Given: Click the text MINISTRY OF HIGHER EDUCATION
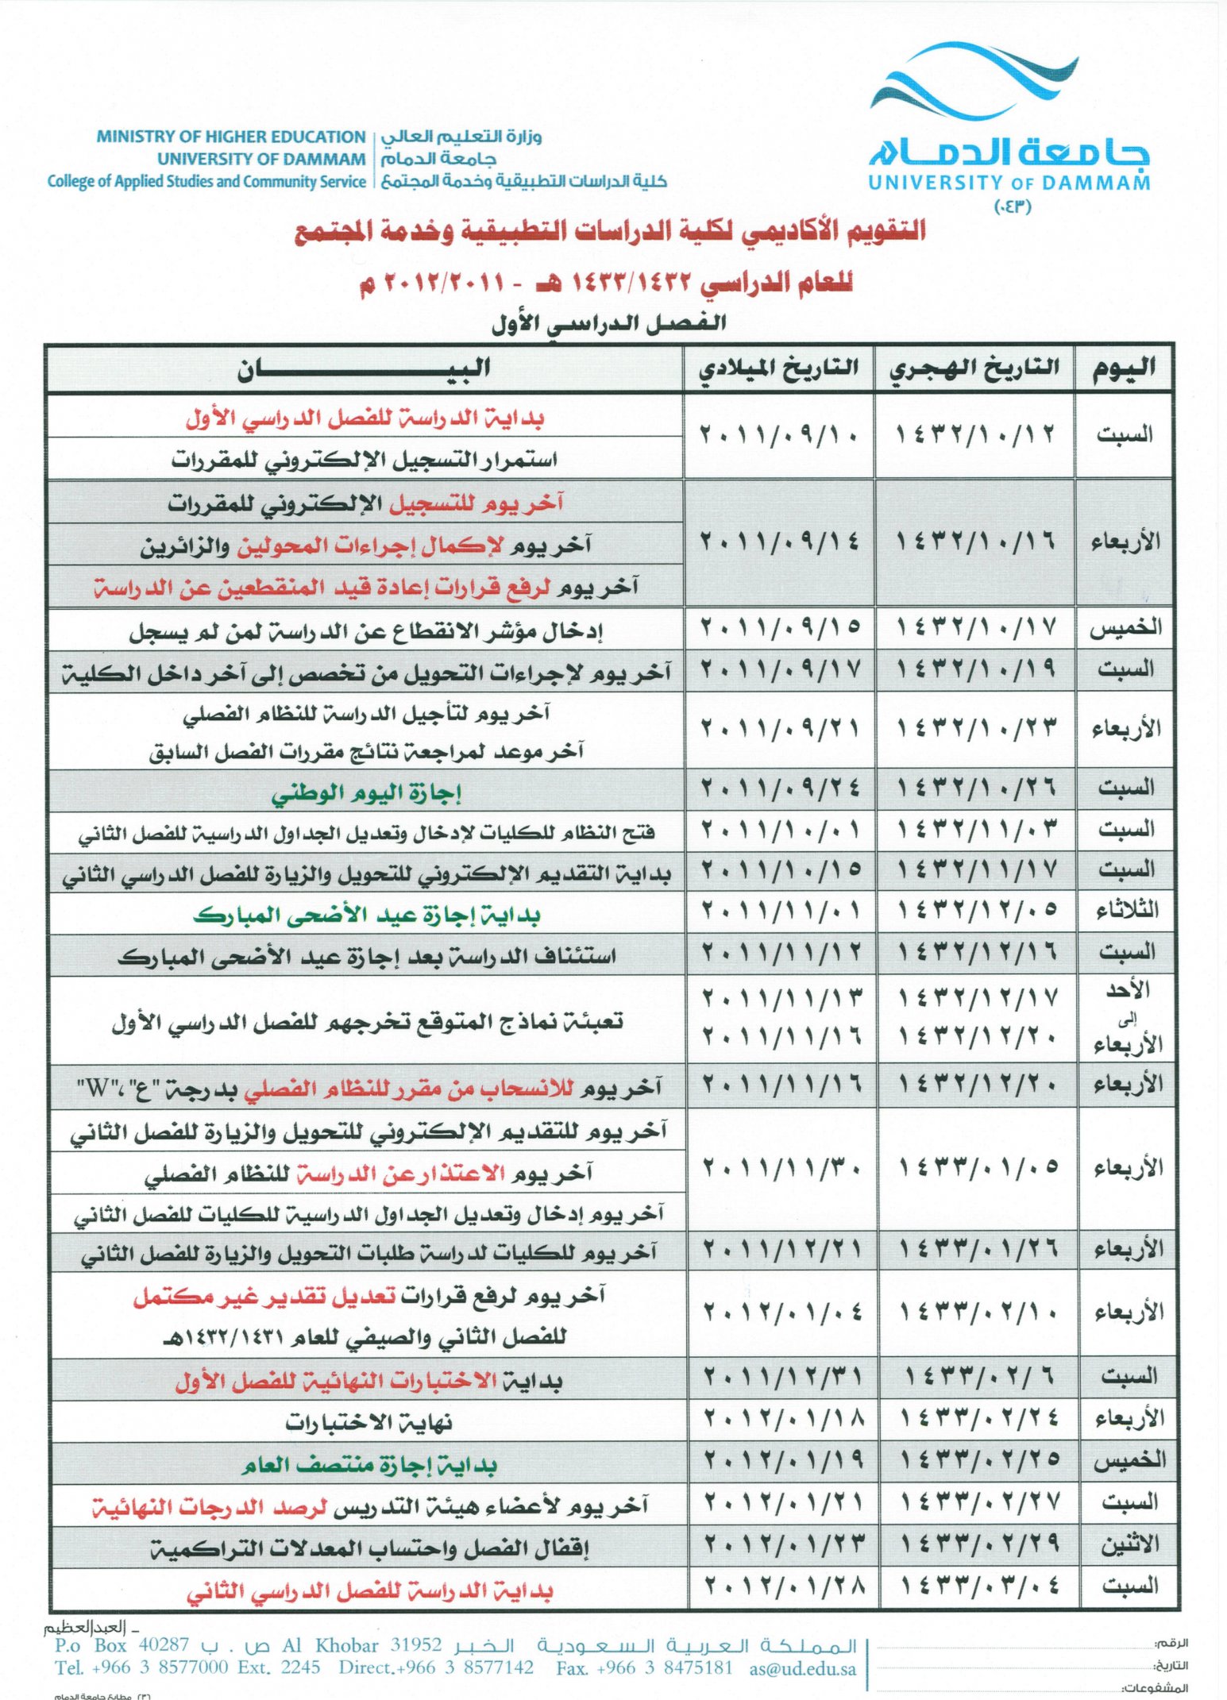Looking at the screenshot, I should pyautogui.click(x=230, y=137).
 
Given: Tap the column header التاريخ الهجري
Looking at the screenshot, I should pyautogui.click(x=974, y=368).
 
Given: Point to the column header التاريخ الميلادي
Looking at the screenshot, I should pyautogui.click(x=778, y=368).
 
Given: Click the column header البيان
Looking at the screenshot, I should pyautogui.click(x=364, y=368).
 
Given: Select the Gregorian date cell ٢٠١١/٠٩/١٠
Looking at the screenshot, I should pyautogui.click(x=779, y=435).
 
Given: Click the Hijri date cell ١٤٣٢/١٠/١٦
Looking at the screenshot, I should pyautogui.click(x=975, y=542).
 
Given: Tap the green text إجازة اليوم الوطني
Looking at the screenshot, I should pyautogui.click(x=366, y=792).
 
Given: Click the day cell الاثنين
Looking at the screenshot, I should pyautogui.click(x=1129, y=1544).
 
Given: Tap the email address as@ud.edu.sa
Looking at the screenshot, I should pyautogui.click(x=802, y=1668).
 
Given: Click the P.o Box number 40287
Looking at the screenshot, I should pyautogui.click(x=164, y=1644).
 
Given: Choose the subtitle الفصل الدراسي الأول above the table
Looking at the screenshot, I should pyautogui.click(x=608, y=323).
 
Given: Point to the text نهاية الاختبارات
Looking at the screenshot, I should pyautogui.click(x=369, y=1422).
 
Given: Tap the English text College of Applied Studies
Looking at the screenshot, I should pyautogui.click(x=206, y=181).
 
